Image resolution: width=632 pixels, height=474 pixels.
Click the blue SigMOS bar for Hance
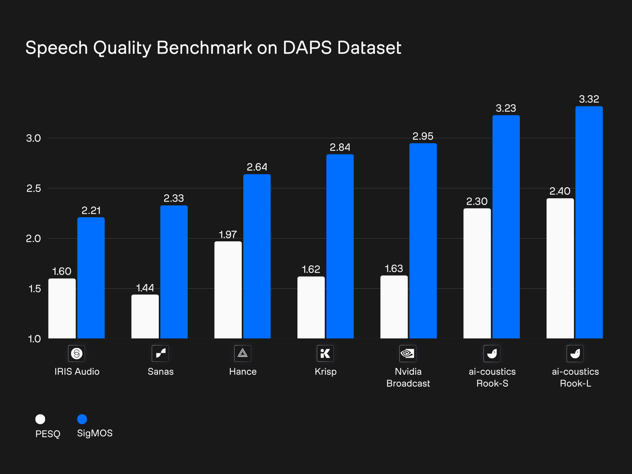257,257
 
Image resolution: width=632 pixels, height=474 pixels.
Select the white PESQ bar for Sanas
145,316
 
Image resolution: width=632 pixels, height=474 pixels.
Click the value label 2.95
423,136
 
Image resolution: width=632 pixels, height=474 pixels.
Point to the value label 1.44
145,288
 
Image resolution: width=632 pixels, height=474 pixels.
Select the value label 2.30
477,201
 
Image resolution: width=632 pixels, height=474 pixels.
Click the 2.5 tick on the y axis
34,188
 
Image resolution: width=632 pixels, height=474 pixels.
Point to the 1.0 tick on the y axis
34,339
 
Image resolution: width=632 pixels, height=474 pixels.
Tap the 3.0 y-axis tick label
34,138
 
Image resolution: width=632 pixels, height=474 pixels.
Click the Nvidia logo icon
408,353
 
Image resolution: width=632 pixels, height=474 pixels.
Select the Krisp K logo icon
325,353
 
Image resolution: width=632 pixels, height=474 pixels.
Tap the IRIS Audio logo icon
77,353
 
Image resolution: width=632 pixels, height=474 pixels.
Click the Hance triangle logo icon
243,353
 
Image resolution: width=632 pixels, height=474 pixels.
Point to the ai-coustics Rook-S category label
492,377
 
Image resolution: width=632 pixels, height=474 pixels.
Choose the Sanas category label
160,372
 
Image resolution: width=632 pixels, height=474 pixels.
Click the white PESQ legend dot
40,419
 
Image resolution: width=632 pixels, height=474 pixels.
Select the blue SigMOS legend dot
82,419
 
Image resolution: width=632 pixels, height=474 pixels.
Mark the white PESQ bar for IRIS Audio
62,308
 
